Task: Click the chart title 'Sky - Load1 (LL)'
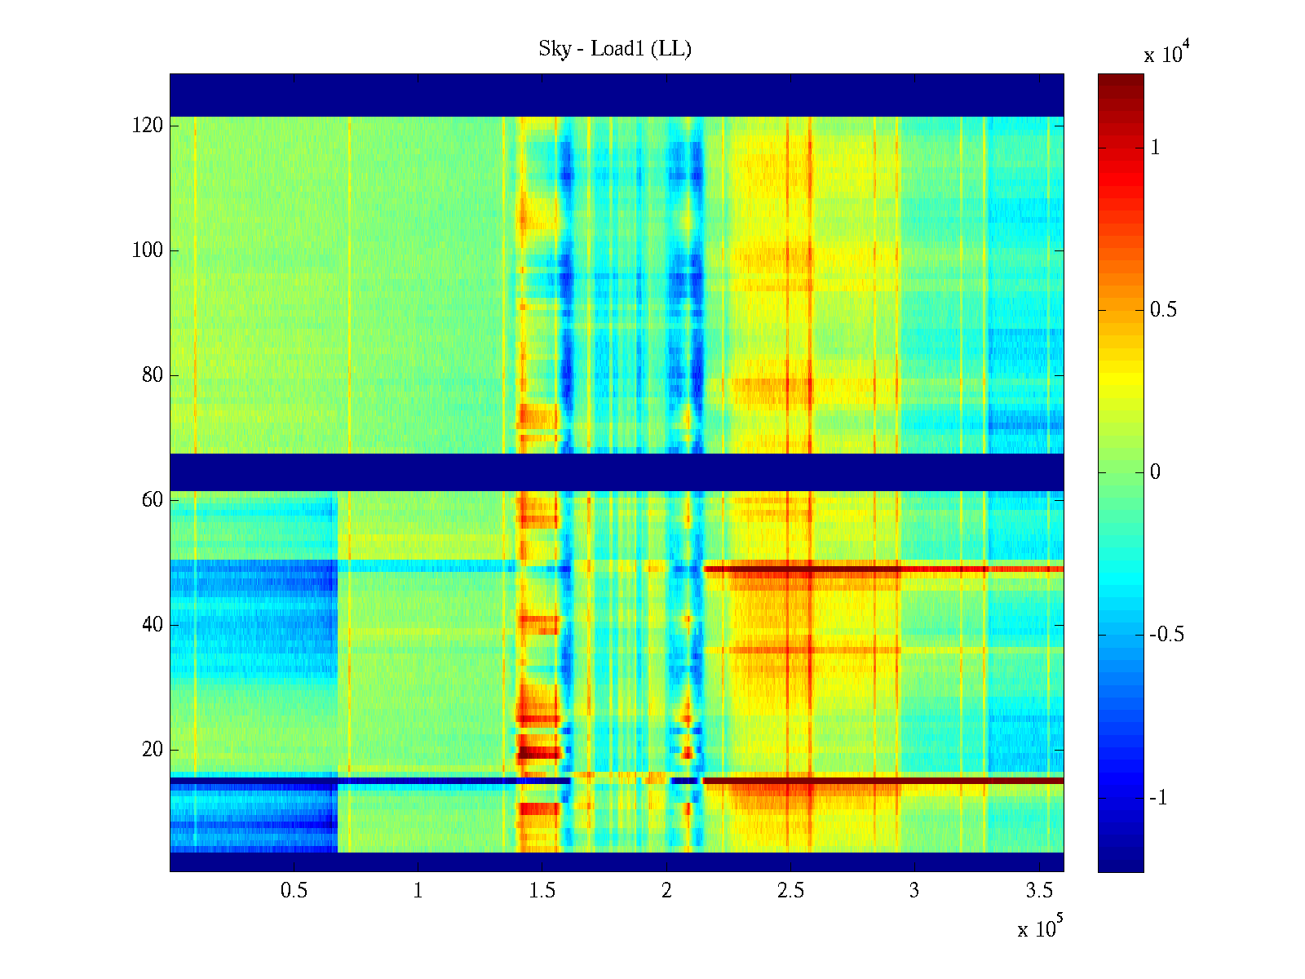(615, 50)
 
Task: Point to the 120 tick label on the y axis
(148, 126)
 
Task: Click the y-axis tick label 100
(148, 250)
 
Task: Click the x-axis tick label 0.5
(294, 891)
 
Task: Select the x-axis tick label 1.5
(542, 891)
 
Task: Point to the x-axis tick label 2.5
(790, 891)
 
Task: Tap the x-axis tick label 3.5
(1039, 891)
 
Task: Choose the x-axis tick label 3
(914, 891)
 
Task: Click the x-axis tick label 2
(666, 891)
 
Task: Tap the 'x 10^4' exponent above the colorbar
(1166, 54)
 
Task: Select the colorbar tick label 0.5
(1163, 310)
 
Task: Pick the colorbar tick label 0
(1154, 472)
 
